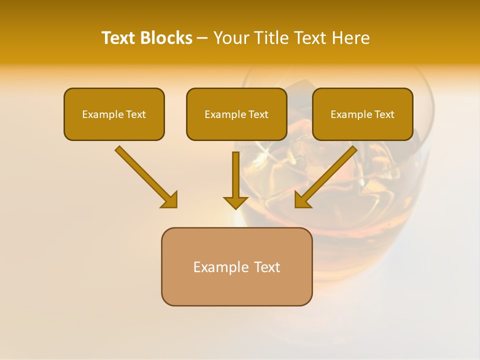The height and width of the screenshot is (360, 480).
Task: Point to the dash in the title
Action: (202, 38)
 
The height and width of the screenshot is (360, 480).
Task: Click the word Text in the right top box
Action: (384, 114)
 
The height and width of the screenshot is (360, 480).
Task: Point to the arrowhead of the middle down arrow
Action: (235, 202)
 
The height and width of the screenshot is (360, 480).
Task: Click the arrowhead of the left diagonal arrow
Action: (170, 200)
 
